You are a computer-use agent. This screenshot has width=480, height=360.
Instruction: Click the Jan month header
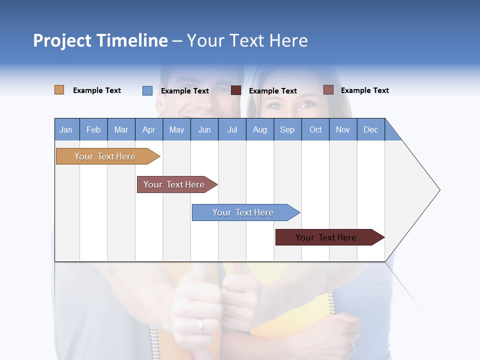click(x=66, y=129)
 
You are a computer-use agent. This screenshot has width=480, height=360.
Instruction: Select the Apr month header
click(x=148, y=129)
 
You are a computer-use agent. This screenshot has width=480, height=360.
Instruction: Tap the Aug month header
click(x=259, y=129)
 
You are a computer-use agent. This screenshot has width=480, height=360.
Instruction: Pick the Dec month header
click(x=370, y=129)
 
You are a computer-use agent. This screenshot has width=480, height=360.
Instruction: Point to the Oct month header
click(x=315, y=129)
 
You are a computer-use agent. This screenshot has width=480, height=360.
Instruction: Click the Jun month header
click(x=204, y=129)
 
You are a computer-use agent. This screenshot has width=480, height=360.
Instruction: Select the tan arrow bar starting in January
click(x=105, y=156)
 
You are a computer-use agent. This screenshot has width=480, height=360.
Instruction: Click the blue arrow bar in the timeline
click(x=243, y=212)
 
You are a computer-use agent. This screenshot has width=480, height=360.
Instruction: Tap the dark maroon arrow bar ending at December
click(x=326, y=237)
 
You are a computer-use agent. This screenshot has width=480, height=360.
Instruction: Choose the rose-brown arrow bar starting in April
click(x=174, y=184)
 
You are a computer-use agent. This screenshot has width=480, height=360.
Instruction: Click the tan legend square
click(x=59, y=90)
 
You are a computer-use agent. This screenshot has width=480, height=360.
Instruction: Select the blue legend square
click(x=147, y=90)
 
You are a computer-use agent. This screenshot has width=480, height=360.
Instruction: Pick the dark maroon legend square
click(x=236, y=90)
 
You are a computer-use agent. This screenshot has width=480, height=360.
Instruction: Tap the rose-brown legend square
click(x=328, y=90)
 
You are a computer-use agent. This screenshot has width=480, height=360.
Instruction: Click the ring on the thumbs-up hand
click(x=201, y=325)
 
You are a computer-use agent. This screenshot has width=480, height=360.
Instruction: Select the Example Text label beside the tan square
click(x=97, y=90)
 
